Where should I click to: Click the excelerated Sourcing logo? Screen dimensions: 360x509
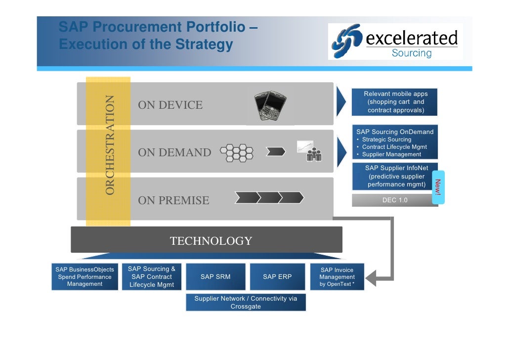tap(395, 42)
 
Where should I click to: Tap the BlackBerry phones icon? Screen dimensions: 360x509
tap(270, 105)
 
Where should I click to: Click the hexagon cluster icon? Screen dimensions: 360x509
tap(237, 153)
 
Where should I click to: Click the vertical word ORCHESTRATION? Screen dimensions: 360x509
tap(110, 145)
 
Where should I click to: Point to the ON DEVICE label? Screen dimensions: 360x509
tap(170, 105)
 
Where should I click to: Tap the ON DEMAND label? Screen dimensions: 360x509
tap(174, 153)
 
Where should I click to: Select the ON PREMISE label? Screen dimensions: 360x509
tap(173, 200)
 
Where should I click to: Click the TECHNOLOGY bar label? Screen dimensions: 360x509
tap(211, 241)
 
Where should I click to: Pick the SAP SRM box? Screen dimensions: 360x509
tap(215, 277)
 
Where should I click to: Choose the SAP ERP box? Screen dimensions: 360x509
tap(277, 277)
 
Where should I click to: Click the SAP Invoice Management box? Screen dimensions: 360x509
tap(337, 277)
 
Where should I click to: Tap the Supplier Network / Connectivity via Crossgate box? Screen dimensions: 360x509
tap(246, 303)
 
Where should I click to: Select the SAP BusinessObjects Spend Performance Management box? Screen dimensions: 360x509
tap(85, 277)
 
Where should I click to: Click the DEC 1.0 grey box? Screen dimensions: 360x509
tap(395, 200)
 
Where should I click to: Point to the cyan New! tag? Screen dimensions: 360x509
tap(438, 187)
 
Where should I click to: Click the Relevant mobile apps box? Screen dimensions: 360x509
tap(395, 102)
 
